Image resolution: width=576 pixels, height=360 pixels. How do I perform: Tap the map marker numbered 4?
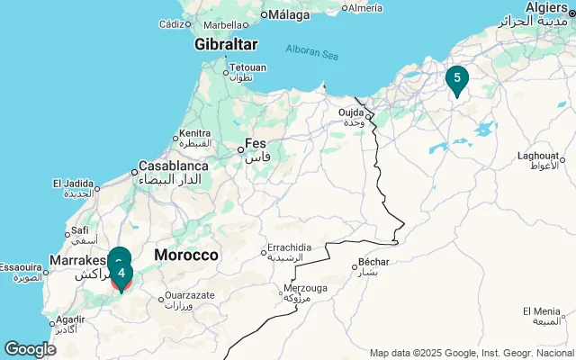[121, 274]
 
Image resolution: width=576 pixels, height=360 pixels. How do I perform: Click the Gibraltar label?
[226, 44]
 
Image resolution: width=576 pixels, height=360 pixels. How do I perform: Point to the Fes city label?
[256, 144]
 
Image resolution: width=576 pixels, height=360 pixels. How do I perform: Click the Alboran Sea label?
[311, 51]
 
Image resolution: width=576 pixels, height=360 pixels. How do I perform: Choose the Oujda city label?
[351, 112]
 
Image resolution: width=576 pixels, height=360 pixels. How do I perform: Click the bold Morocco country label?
[186, 256]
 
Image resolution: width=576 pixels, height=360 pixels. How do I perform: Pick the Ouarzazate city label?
[189, 294]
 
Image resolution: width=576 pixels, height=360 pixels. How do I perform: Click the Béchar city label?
[373, 263]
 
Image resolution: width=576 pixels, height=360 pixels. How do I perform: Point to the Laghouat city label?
[538, 156]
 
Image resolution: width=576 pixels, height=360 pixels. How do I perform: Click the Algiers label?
[546, 7]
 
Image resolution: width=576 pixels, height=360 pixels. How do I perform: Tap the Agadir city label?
[70, 319]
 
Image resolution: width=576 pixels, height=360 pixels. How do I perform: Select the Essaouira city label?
[20, 267]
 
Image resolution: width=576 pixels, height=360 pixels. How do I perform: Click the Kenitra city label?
[194, 133]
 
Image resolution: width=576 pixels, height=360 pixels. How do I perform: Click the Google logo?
[30, 349]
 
